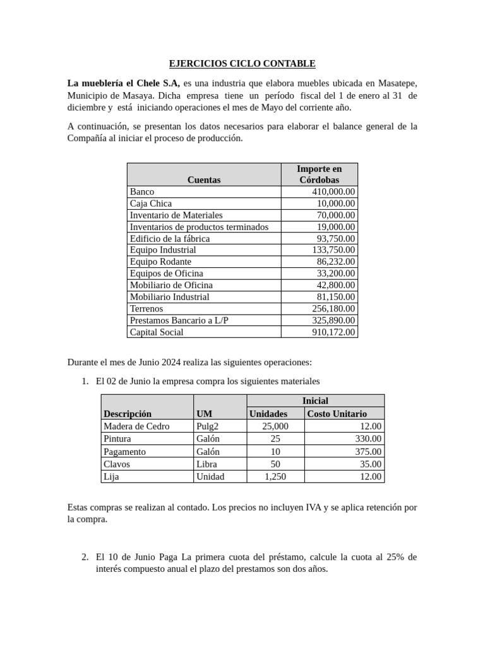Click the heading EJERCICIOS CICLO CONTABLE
click(242, 64)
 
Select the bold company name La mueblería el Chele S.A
click(124, 83)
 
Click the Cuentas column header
click(204, 180)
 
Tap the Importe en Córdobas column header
click(319, 174)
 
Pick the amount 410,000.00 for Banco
click(333, 191)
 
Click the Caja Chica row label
click(151, 203)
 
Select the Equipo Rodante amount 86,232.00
click(335, 262)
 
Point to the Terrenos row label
click(147, 308)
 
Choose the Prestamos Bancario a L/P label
click(179, 320)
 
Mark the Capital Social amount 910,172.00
click(333, 332)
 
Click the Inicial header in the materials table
click(315, 401)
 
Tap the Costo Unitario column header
click(337, 413)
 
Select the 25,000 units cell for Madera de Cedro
click(275, 426)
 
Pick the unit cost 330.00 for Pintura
click(368, 438)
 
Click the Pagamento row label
click(124, 451)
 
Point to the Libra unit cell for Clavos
click(207, 464)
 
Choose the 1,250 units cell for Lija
click(275, 476)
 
